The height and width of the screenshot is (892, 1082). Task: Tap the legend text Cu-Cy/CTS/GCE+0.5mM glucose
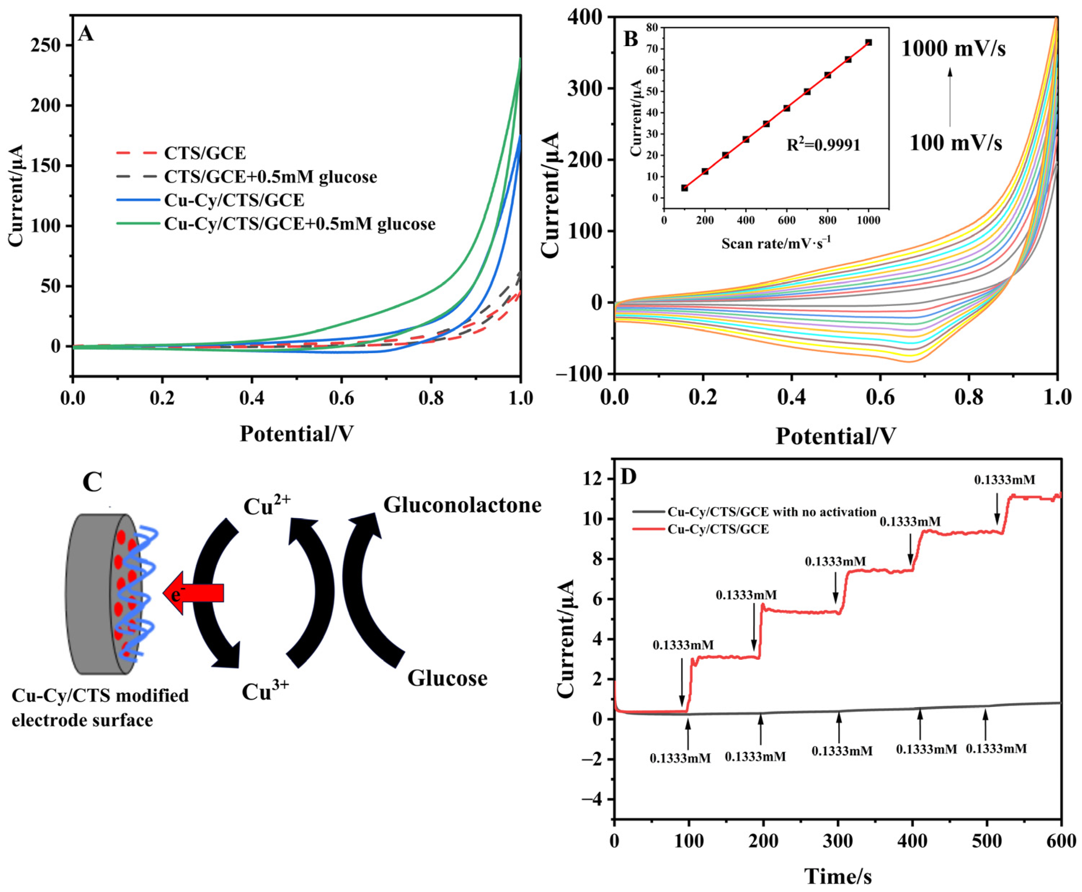point(300,224)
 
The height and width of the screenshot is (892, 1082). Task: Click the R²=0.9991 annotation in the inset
point(823,145)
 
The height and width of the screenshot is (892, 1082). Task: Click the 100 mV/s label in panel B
point(955,143)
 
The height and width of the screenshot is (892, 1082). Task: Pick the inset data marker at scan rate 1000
point(868,43)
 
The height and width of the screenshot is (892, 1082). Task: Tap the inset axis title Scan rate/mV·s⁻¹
point(776,243)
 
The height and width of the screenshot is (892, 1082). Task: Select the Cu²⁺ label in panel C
point(267,506)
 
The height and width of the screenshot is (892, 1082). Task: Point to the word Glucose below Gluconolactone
point(447,678)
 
